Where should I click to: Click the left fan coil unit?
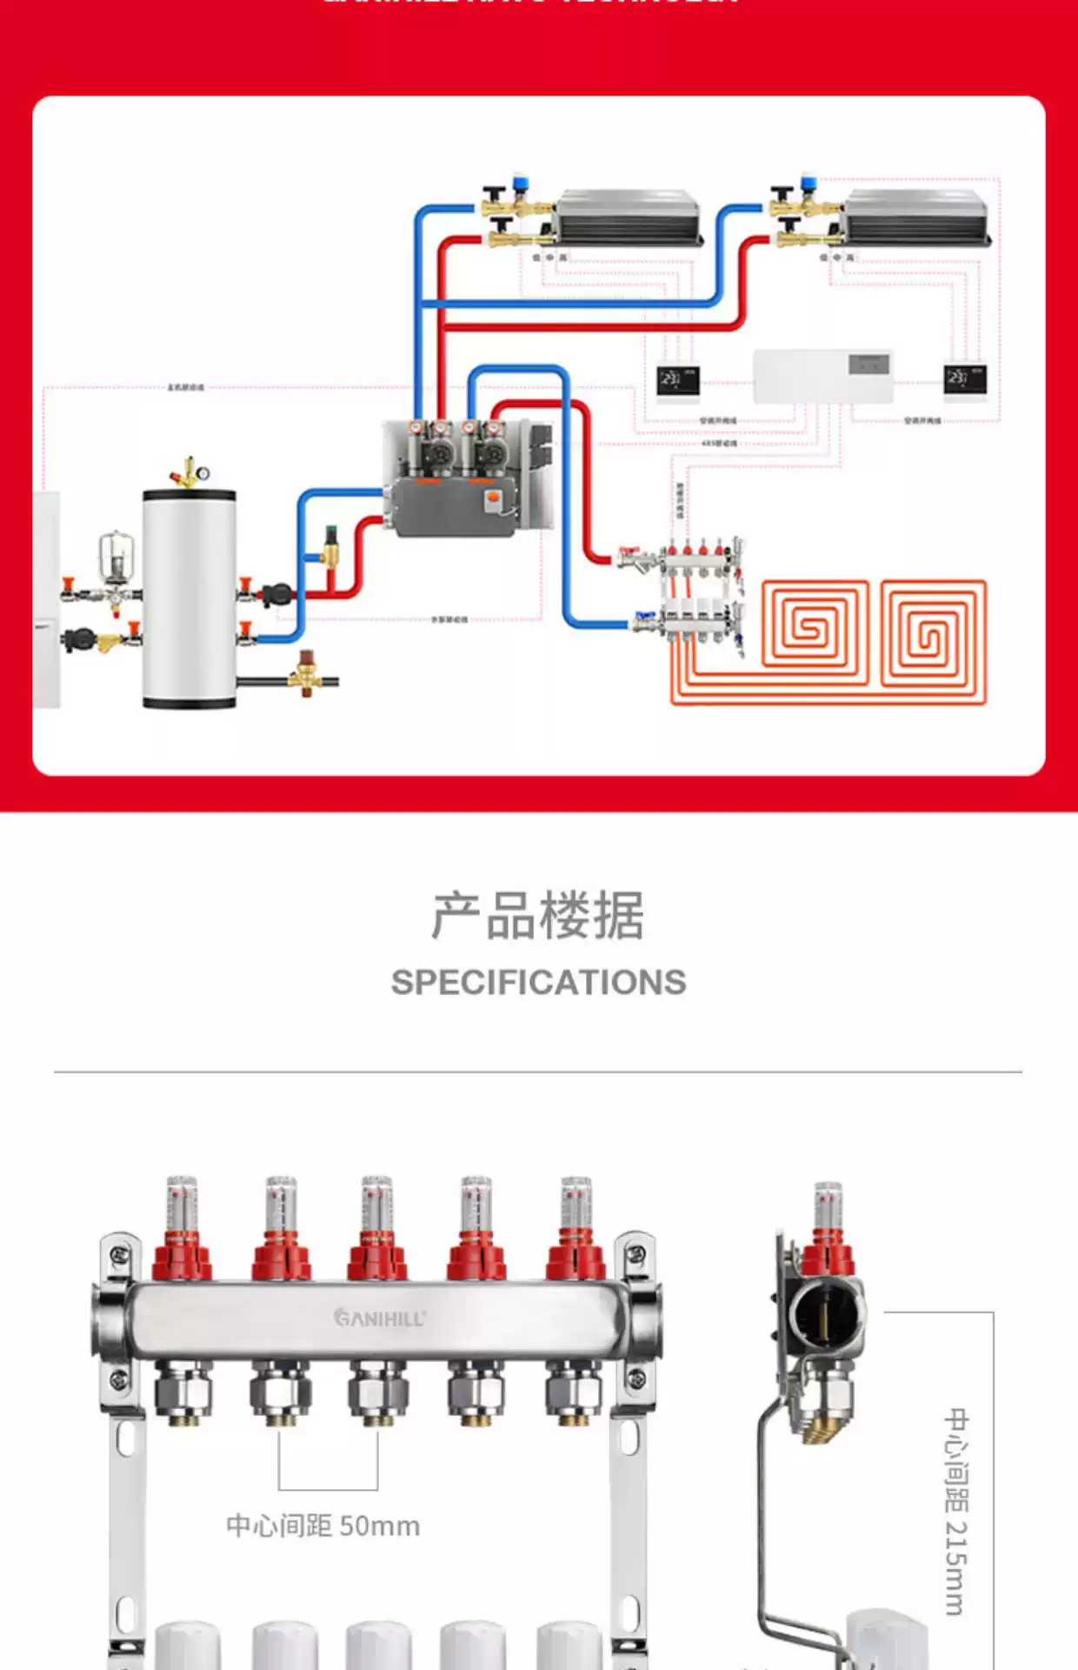pos(629,217)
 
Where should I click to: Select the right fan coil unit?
pos(917,217)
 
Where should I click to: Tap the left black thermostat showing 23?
pos(678,380)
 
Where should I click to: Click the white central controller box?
pos(822,376)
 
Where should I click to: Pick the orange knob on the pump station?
pos(492,499)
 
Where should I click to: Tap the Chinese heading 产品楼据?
pos(538,916)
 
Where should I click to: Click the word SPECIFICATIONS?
pos(538,983)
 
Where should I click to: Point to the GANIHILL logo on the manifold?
pos(380,1318)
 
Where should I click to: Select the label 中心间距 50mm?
pos(323,1526)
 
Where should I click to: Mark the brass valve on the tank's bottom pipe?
pos(306,673)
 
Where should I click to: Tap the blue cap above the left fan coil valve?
pos(521,183)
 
